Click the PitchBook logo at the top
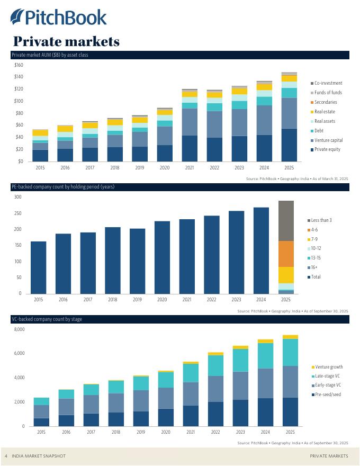[x=58, y=17]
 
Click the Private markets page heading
[x=66, y=41]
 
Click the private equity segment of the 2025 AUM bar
[x=289, y=145]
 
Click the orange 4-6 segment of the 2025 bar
[x=286, y=254]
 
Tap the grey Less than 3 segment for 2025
[x=286, y=221]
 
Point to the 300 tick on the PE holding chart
[x=17, y=197]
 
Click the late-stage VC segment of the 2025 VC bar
[x=290, y=352]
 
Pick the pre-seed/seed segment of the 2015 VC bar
[x=41, y=422]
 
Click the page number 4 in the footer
[x=6, y=456]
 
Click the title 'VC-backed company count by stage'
[x=47, y=319]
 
